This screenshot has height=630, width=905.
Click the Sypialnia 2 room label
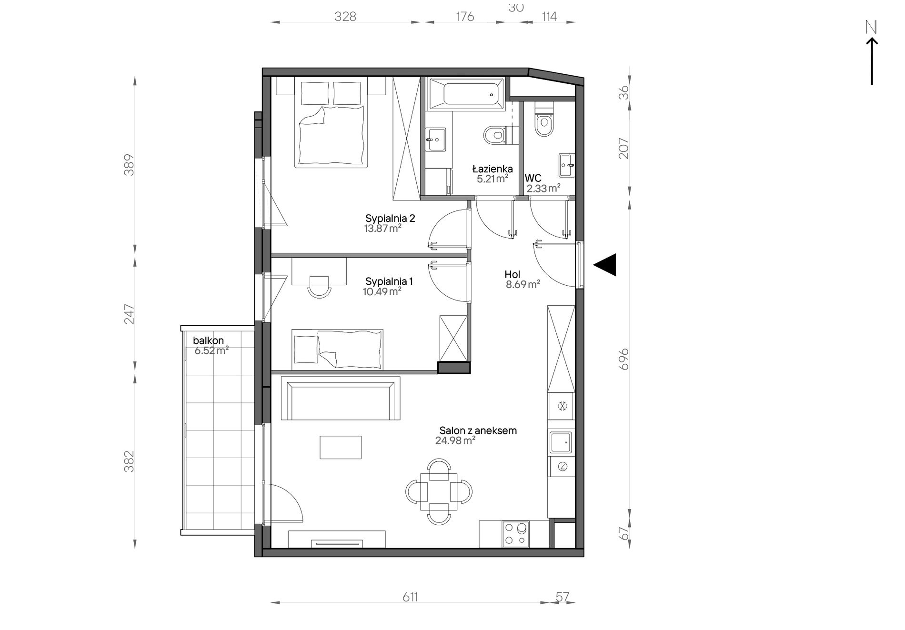click(390, 219)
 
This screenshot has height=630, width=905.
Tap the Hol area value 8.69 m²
click(523, 285)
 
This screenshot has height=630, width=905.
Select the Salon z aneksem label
click(478, 431)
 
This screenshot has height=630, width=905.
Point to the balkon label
click(208, 340)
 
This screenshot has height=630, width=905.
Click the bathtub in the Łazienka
click(466, 94)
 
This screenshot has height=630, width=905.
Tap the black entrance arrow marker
click(604, 265)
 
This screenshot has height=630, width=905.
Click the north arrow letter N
click(871, 28)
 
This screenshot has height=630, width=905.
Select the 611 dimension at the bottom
click(410, 597)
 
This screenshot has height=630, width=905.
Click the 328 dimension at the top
click(345, 17)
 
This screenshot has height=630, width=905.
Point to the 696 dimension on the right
click(624, 359)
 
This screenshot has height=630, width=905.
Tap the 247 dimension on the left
click(130, 314)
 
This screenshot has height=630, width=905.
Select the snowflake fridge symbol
click(563, 406)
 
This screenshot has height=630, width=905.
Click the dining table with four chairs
click(439, 491)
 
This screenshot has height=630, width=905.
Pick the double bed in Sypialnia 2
click(332, 122)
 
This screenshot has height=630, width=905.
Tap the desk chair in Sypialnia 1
click(319, 287)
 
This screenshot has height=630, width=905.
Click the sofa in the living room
click(341, 398)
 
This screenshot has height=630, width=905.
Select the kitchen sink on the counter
click(561, 442)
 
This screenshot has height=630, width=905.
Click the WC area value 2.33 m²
click(543, 189)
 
